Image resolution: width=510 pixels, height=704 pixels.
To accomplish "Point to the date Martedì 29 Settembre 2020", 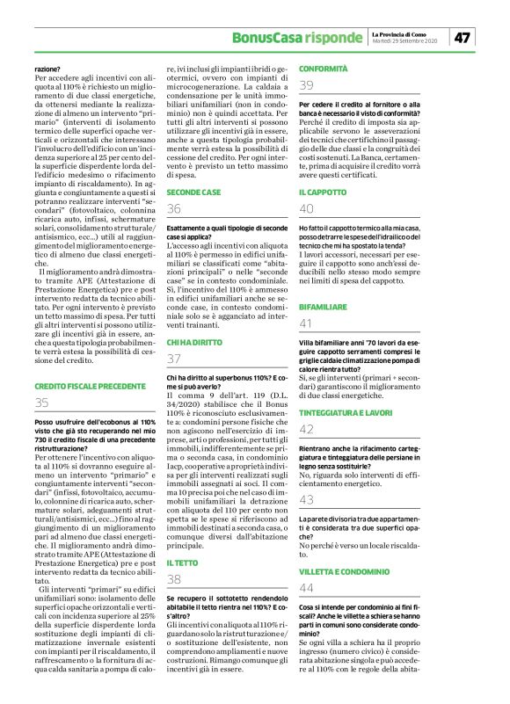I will (x=405, y=41).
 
